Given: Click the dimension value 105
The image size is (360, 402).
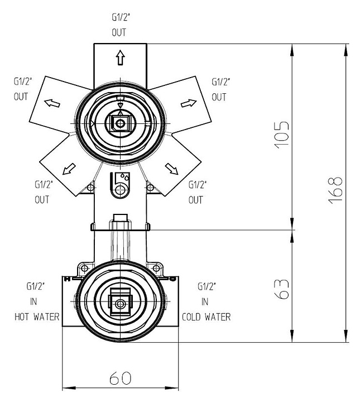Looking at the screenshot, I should click(x=283, y=136).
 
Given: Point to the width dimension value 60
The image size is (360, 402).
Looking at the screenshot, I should click(x=120, y=378).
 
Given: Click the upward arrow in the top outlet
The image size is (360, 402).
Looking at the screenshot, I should click(x=120, y=57).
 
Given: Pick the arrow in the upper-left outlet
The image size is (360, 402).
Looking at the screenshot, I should click(x=51, y=103).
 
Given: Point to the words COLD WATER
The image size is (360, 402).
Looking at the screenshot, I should click(x=206, y=317).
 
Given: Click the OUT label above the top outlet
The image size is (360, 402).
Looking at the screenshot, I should click(x=119, y=32).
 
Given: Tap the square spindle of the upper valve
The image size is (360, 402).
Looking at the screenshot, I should click(x=119, y=122).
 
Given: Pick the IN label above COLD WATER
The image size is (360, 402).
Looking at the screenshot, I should click(x=205, y=302).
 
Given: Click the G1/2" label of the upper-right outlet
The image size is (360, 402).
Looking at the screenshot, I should click(x=220, y=82).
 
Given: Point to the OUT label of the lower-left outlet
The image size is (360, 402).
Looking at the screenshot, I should click(x=42, y=199).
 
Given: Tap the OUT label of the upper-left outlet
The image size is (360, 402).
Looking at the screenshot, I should click(x=21, y=96).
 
